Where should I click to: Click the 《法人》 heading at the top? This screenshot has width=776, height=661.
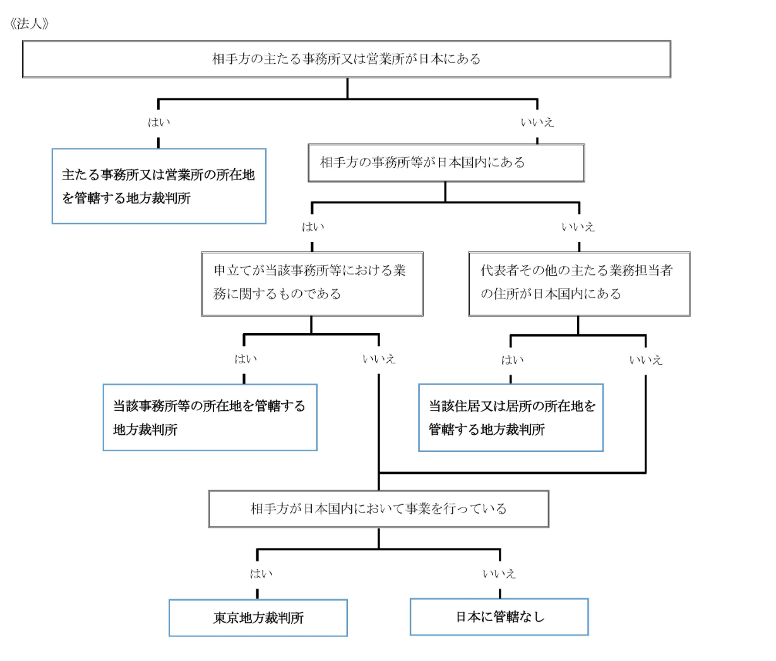(x=30, y=24)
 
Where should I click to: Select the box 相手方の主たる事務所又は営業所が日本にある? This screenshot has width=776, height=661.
(x=346, y=59)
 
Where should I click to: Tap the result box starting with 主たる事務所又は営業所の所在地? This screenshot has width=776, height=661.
(x=158, y=186)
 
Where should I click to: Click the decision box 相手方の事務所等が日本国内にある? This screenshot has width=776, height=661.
(x=446, y=163)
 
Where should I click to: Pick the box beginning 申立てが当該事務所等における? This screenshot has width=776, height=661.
(x=312, y=283)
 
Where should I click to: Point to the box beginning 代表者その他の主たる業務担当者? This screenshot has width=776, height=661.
(x=578, y=283)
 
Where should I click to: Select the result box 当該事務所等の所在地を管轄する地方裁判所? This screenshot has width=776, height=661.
(x=210, y=418)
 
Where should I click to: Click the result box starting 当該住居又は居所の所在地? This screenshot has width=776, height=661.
(x=511, y=418)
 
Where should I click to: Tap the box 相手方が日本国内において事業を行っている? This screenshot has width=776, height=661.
(x=378, y=509)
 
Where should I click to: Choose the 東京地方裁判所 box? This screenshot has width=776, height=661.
(x=258, y=617)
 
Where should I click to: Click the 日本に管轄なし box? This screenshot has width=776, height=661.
(x=499, y=617)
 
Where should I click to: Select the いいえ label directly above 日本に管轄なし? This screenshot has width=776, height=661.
(x=499, y=574)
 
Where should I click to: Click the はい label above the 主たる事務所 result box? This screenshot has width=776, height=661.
(x=159, y=123)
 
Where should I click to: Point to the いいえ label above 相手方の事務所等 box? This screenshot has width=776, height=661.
(x=537, y=123)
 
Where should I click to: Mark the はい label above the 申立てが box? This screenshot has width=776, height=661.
(x=313, y=227)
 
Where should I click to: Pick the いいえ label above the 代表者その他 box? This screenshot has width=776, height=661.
(x=578, y=227)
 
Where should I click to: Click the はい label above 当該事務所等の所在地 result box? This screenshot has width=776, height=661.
(x=246, y=359)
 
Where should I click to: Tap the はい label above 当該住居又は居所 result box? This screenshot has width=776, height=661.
(x=512, y=360)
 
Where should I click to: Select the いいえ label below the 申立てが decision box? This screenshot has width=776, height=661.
(x=379, y=359)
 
